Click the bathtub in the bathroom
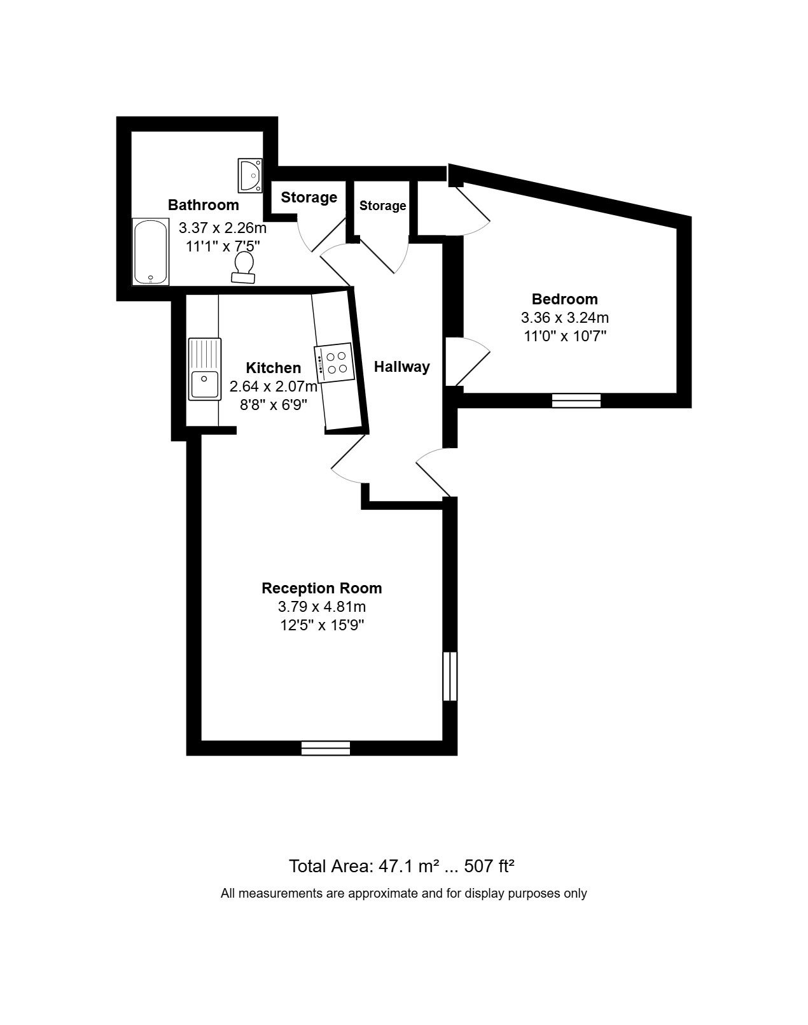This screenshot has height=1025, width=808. tap(150, 251)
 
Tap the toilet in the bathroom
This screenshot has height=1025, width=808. tap(244, 267)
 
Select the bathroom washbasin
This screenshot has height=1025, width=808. tap(250, 176)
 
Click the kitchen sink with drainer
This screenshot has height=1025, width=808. tap(205, 369)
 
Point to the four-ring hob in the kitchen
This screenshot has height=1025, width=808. tap(335, 362)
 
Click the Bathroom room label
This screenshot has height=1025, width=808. tap(204, 205)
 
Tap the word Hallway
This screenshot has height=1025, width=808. tap(402, 367)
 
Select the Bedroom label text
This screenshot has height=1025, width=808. tap(565, 299)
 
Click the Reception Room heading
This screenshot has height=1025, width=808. tap(322, 588)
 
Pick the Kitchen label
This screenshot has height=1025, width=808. tap(274, 368)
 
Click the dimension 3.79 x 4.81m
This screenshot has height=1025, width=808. tap(322, 607)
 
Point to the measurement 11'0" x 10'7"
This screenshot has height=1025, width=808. tap(565, 336)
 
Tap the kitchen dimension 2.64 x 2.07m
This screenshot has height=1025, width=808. tap(274, 386)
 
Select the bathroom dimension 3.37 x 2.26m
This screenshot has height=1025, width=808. tap(222, 228)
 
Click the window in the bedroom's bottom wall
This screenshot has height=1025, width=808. tap(576, 400)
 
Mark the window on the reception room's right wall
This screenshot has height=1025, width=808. tap(450, 676)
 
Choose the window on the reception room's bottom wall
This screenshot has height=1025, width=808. tap(326, 748)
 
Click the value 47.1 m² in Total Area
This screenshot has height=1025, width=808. tap(408, 866)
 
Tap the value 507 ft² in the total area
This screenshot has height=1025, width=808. tap(489, 866)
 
